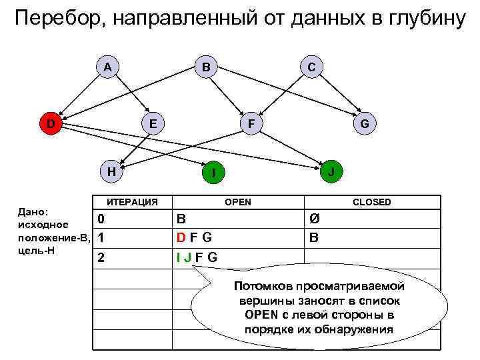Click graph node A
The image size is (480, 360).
click(x=107, y=67)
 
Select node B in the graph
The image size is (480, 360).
click(x=206, y=67)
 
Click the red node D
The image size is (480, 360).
click(x=51, y=123)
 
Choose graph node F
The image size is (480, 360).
click(x=250, y=123)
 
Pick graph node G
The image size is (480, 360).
click(x=365, y=123)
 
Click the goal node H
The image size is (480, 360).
click(x=112, y=171)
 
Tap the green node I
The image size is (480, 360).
click(x=212, y=174)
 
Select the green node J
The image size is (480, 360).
click(x=331, y=171)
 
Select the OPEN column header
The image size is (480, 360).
click(x=238, y=202)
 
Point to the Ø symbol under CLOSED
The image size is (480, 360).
click(x=315, y=219)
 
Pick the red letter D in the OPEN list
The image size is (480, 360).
click(x=181, y=238)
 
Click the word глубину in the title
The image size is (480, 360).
click(x=423, y=19)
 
